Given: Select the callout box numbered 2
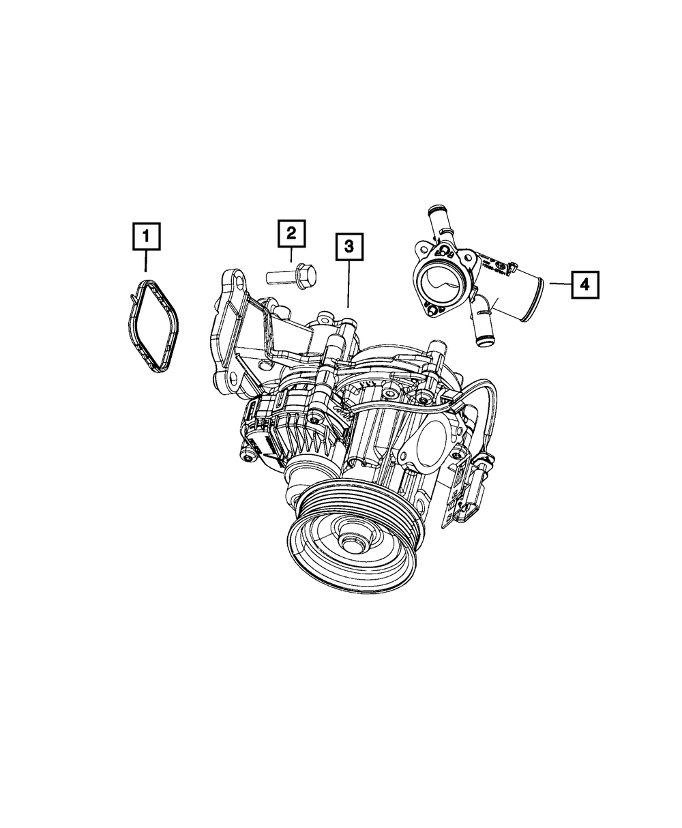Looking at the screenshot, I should coord(291,234).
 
